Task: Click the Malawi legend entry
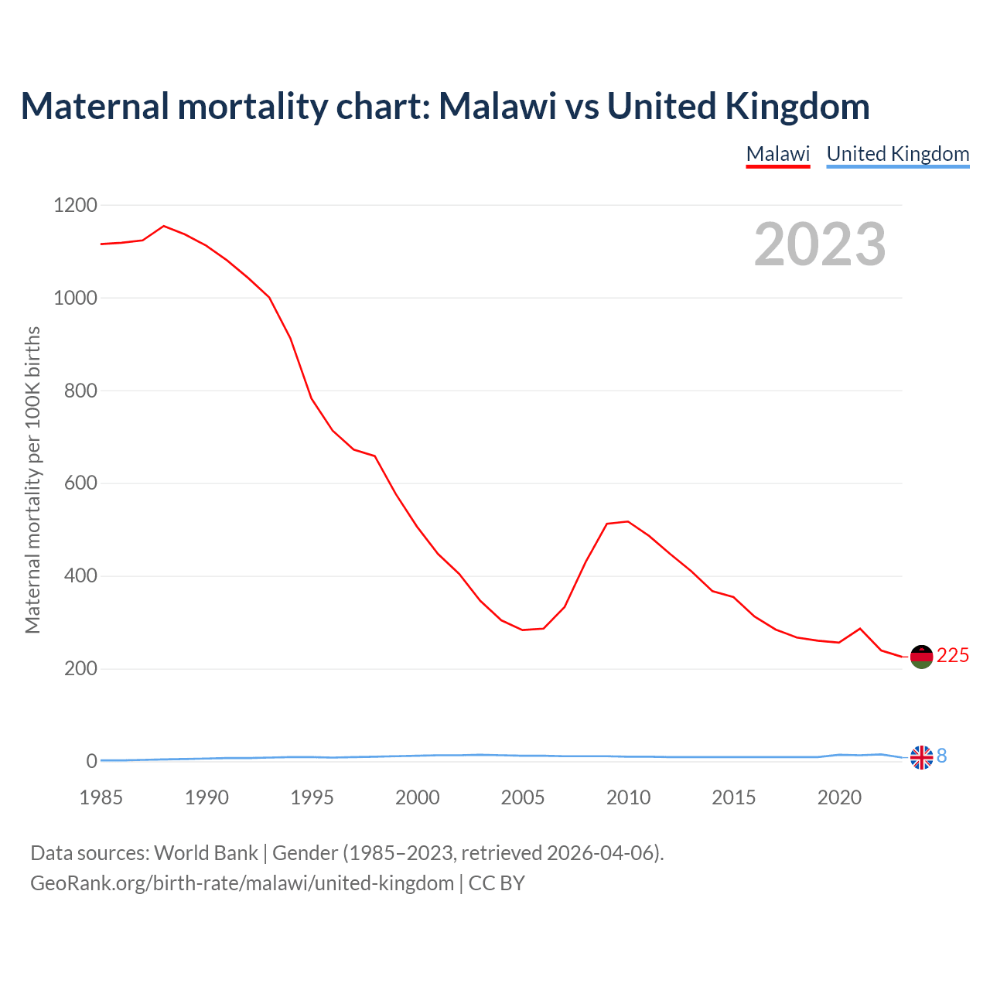777,154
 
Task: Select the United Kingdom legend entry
897,154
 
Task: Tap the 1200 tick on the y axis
75,206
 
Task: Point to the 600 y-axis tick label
80,483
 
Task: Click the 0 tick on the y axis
92,762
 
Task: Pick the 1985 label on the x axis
101,797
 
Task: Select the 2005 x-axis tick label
523,797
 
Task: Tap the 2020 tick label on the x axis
839,797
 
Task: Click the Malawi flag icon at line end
921,657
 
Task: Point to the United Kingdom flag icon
921,757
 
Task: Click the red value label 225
953,656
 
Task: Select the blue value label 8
942,756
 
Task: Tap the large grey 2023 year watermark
820,244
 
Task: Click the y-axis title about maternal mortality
32,480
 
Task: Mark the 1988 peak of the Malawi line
164,226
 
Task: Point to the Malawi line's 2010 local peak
627,521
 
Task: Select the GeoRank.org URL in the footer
242,883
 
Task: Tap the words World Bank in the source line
206,853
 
